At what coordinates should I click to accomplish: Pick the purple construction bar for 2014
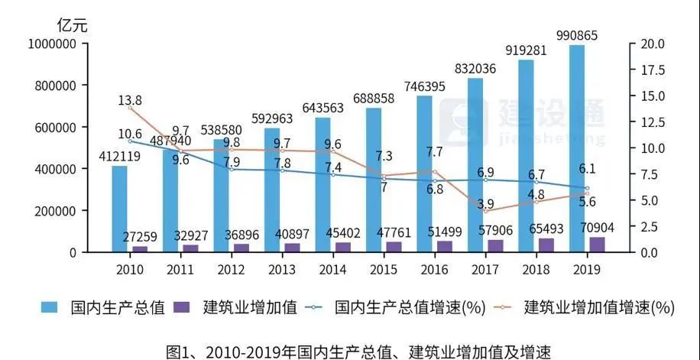tap(343, 247)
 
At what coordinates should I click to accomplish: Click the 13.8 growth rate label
tap(130, 100)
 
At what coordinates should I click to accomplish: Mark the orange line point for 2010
tap(130, 108)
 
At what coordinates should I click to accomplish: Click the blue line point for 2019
tap(587, 188)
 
